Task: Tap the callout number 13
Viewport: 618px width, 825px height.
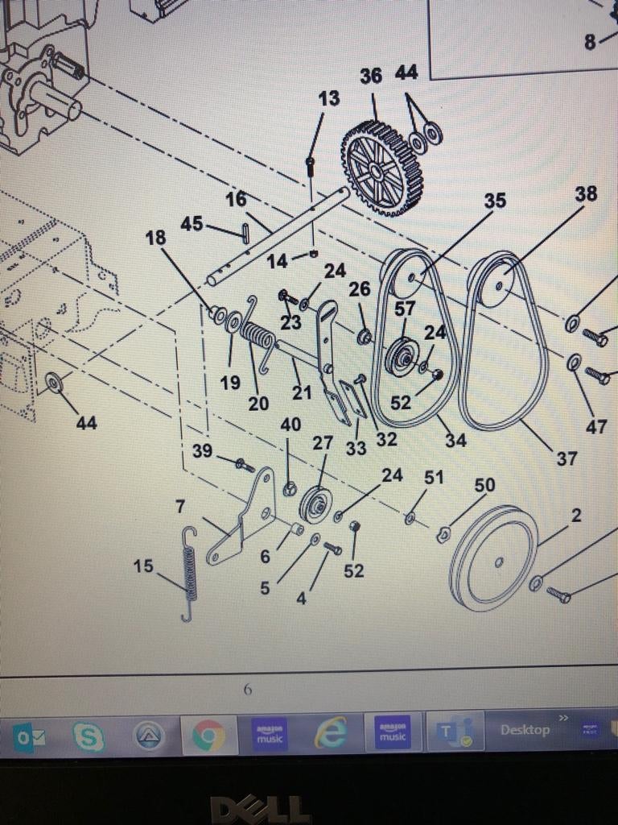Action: point(328,99)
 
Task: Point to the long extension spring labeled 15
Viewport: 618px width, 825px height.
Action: point(189,574)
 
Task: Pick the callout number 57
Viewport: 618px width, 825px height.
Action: point(405,309)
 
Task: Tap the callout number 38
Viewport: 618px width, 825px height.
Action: point(586,194)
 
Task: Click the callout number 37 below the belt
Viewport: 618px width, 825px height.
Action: point(566,458)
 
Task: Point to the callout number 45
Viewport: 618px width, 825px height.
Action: point(192,224)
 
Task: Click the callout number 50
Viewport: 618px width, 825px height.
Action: point(484,485)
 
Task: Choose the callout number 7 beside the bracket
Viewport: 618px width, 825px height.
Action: point(179,507)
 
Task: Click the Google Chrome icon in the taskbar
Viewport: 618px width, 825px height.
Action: point(208,735)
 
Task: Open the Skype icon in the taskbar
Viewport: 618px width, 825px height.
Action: point(89,735)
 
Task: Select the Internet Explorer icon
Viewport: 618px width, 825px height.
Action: point(330,733)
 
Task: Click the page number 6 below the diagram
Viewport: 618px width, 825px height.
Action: point(248,689)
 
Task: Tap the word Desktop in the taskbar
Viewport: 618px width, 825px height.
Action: point(525,730)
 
